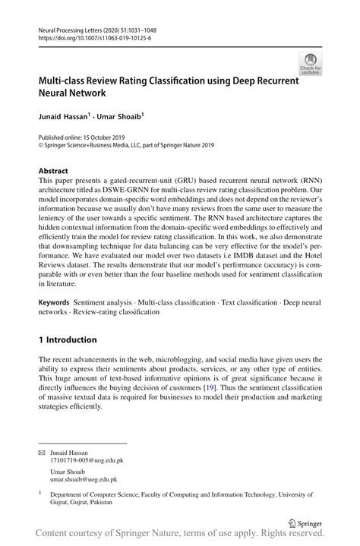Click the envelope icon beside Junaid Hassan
point(42,451)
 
